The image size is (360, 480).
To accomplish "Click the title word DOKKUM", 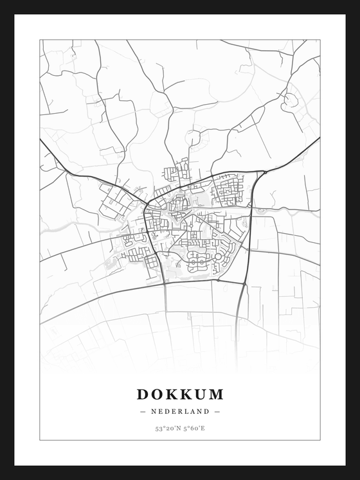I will click(180, 393).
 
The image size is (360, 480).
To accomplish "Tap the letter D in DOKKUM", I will click(142, 393).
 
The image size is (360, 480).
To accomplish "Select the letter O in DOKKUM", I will click(156, 393).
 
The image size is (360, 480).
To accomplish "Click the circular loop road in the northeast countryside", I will click(290, 100).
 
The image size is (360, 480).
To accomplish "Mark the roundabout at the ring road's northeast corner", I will click(263, 172).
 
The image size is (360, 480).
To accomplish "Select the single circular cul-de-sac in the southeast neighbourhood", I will click(218, 256).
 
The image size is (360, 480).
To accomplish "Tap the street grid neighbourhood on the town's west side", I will click(116, 199).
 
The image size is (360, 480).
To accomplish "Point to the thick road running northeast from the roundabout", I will click(292, 154).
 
